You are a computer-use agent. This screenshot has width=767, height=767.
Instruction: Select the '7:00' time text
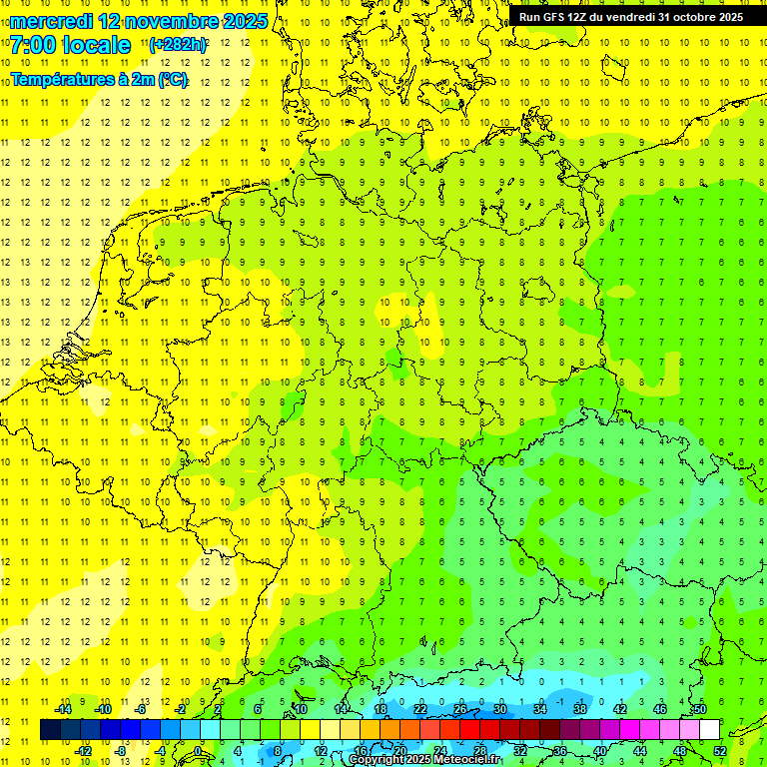click(x=32, y=45)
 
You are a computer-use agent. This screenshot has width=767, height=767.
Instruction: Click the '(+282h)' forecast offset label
click(x=178, y=45)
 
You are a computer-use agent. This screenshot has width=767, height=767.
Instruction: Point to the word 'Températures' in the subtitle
click(x=62, y=80)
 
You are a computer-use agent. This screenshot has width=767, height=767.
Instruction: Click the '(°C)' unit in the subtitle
click(x=171, y=80)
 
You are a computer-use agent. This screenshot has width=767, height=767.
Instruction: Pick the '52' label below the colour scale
click(x=719, y=751)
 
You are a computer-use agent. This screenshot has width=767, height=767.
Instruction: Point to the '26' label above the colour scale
click(x=460, y=709)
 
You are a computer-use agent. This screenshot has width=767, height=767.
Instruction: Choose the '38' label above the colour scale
click(x=580, y=709)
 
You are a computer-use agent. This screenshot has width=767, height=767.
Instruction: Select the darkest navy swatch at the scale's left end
click(x=50, y=730)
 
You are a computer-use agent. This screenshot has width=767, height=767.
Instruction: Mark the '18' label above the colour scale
click(x=381, y=709)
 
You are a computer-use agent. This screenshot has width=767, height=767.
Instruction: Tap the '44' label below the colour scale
click(x=640, y=751)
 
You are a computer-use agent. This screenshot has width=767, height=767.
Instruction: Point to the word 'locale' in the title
click(x=96, y=45)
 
